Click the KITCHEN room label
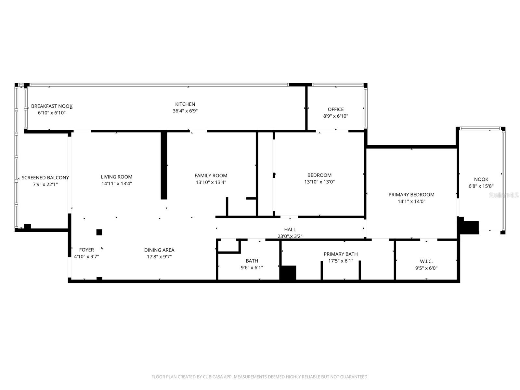click(185, 104)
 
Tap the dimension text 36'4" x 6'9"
click(185, 111)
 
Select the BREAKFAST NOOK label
click(51, 106)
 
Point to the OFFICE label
click(335, 109)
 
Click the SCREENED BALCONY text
click(45, 178)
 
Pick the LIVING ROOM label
click(116, 177)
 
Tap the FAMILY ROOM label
click(211, 175)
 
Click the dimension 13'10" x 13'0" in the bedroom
click(319, 182)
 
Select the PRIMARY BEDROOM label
click(411, 195)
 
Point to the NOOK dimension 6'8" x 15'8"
click(481, 186)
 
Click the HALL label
click(290, 229)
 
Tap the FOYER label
click(86, 250)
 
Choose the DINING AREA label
click(159, 250)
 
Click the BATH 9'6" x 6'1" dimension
click(252, 268)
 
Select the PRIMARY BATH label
click(340, 254)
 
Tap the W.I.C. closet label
click(426, 261)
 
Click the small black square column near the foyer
click(99, 232)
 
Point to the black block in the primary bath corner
click(288, 273)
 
